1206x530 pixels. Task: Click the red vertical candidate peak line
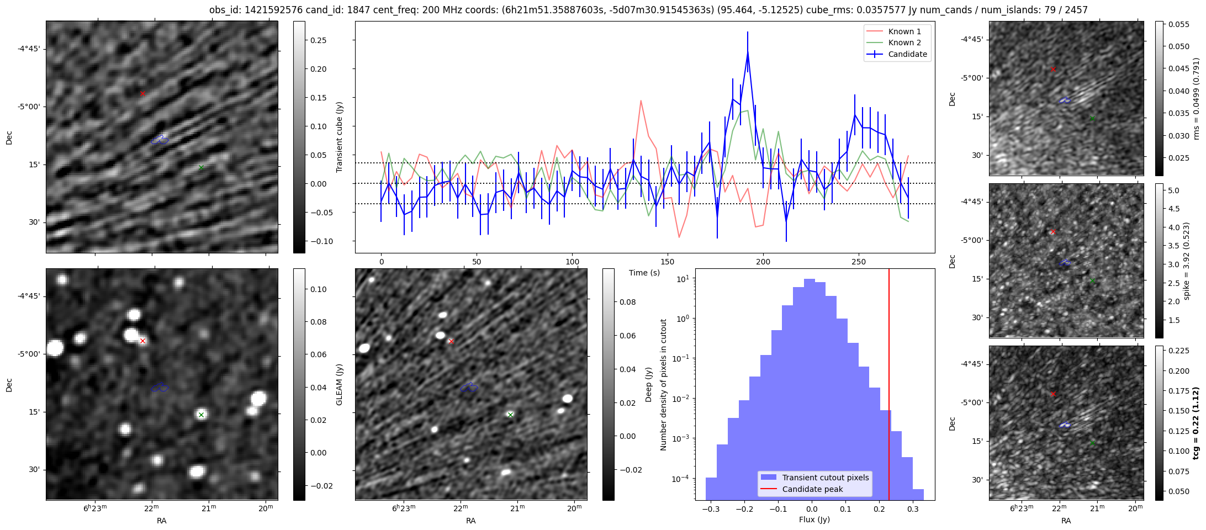click(889, 386)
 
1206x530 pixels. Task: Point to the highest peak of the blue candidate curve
click(748, 52)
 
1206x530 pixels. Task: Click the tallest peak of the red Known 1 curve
click(641, 101)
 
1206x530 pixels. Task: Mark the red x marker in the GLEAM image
click(142, 341)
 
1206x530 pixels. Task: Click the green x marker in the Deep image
click(510, 415)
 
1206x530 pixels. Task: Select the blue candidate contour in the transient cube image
click(160, 140)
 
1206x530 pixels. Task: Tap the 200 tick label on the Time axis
click(763, 262)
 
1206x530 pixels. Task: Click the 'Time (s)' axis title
click(644, 273)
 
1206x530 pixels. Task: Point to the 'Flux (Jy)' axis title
click(814, 520)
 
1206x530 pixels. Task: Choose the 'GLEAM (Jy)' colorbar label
click(340, 384)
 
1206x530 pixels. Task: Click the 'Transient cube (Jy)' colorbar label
click(340, 137)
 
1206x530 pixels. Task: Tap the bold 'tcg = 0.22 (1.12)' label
click(1196, 423)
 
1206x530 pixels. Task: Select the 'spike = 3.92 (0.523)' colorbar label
click(1187, 261)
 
